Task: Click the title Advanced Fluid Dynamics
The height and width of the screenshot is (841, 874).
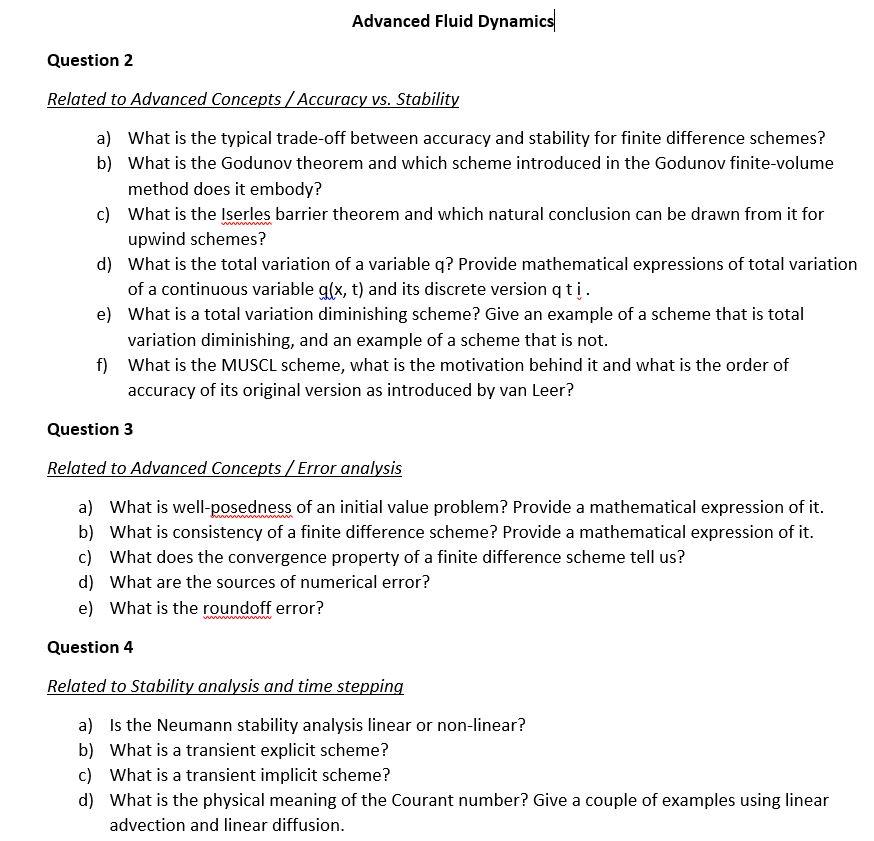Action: click(x=452, y=21)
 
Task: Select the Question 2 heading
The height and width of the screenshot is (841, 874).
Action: click(x=90, y=60)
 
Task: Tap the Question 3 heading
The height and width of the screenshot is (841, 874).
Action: click(x=90, y=429)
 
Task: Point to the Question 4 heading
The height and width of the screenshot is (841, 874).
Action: click(x=90, y=647)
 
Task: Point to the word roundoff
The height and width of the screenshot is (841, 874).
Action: click(x=237, y=608)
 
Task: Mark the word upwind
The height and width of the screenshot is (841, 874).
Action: click(x=155, y=239)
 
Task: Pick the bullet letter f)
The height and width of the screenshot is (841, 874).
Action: click(x=103, y=365)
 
